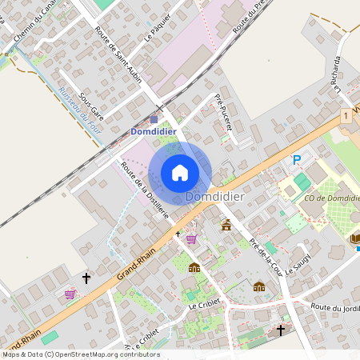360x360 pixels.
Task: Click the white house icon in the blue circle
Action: click(x=180, y=173)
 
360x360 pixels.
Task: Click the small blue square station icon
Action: click(x=154, y=119)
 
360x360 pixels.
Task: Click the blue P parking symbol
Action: click(x=296, y=160)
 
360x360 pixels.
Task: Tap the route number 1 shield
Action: click(x=345, y=117)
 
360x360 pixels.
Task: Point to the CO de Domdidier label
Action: click(x=329, y=198)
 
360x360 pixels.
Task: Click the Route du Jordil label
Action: click(x=335, y=306)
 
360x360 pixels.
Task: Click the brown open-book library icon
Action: click(x=355, y=238)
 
